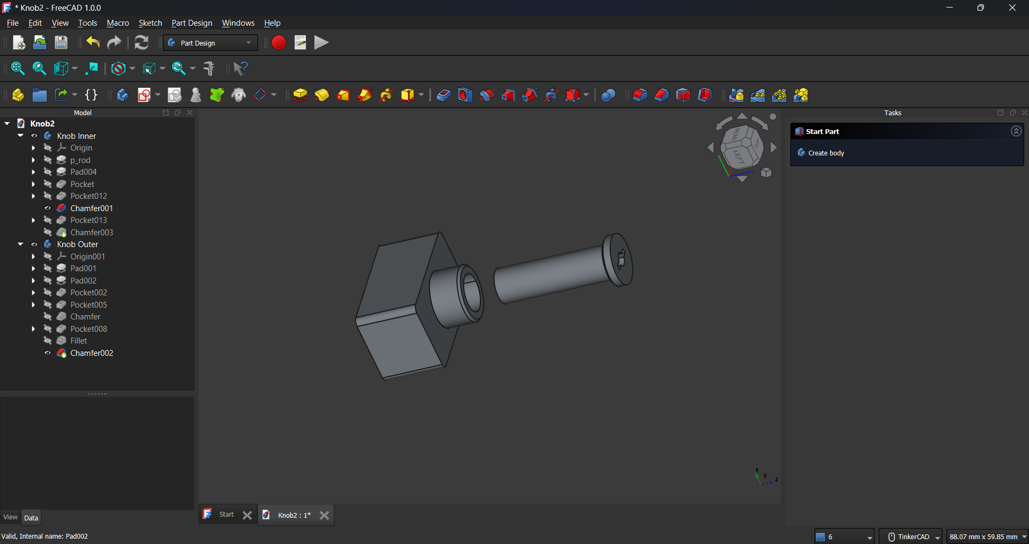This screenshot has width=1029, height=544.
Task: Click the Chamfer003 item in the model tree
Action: click(x=92, y=233)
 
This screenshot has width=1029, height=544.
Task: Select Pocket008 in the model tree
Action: click(x=88, y=329)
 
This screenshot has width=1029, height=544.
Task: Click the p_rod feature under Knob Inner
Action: click(x=80, y=160)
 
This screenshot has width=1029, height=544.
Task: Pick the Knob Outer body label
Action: click(x=78, y=244)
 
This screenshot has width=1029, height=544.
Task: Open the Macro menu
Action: click(x=118, y=23)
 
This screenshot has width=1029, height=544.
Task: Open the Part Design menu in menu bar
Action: click(x=192, y=23)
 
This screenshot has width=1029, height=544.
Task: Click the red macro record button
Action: click(x=279, y=43)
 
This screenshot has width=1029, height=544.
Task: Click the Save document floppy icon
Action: click(x=61, y=43)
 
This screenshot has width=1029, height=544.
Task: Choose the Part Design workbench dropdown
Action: click(x=210, y=43)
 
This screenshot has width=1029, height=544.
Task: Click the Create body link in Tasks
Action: click(x=826, y=153)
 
